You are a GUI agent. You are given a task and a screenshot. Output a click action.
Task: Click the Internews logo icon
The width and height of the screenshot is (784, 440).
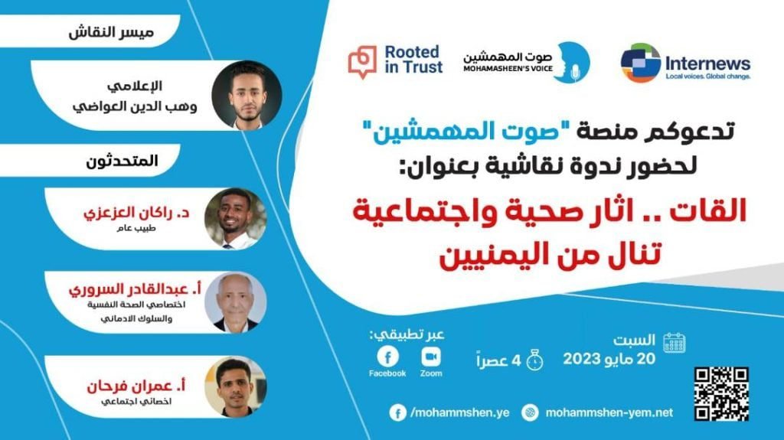coord(641,63)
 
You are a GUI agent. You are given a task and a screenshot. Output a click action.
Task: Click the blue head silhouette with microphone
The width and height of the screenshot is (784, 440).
coord(573,63)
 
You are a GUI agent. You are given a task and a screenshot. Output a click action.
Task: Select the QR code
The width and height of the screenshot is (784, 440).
coord(721,393)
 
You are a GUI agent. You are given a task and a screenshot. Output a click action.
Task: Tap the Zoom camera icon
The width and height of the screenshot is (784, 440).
coord(431,357)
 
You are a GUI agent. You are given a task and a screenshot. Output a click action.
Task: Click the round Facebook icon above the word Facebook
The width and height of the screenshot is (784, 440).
coord(387,357)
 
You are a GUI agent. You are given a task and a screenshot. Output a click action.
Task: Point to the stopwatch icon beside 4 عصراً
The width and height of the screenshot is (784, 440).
coord(534,360)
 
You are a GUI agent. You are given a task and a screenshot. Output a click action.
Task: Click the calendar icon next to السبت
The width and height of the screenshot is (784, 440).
coord(674,343)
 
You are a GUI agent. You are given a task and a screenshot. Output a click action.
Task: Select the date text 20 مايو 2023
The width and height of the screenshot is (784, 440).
coord(609,359)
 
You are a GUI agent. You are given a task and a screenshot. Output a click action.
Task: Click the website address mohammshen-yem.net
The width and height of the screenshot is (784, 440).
coord(609,412)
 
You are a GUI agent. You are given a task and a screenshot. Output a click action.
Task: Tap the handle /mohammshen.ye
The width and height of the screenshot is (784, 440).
coord(459,412)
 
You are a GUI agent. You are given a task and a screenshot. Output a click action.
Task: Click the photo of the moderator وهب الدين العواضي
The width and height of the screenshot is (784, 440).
coord(247,95)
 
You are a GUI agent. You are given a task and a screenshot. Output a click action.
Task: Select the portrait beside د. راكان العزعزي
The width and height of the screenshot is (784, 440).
coord(235,219)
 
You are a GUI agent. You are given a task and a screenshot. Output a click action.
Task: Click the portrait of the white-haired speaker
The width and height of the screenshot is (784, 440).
coord(236,302)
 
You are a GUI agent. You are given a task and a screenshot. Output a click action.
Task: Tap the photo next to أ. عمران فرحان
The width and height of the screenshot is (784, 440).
coord(236,387)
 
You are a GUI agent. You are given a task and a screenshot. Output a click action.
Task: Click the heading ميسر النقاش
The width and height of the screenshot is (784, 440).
coord(111,32)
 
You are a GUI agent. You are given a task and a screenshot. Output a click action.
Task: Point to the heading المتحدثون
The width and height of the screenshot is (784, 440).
coord(122,161)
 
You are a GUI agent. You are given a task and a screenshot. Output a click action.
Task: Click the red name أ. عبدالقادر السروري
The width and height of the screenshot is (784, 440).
coord(135,289)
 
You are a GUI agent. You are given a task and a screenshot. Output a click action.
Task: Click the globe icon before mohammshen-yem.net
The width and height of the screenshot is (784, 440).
coord(530,412)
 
